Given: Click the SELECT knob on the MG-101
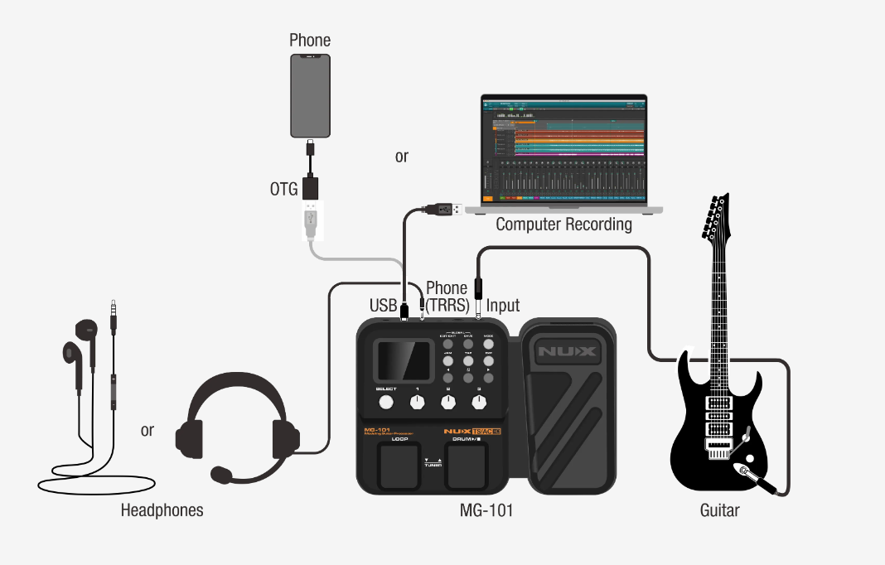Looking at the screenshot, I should pyautogui.click(x=385, y=403).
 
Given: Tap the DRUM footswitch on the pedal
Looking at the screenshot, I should pyautogui.click(x=468, y=466).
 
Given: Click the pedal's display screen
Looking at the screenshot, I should pyautogui.click(x=404, y=361).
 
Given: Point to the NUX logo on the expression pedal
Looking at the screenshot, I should pyautogui.click(x=567, y=351).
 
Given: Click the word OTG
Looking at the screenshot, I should pyautogui.click(x=283, y=189).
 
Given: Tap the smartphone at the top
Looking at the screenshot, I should pyautogui.click(x=311, y=95).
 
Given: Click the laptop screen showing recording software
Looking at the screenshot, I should pyautogui.click(x=564, y=150).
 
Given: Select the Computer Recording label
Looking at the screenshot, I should pyautogui.click(x=563, y=225).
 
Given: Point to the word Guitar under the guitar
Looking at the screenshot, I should pyautogui.click(x=719, y=510).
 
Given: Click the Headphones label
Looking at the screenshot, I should pyautogui.click(x=162, y=510).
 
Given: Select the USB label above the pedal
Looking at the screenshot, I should pyautogui.click(x=384, y=306).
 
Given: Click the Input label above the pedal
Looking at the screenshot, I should pyautogui.click(x=503, y=306).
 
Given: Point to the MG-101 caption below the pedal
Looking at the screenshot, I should pyautogui.click(x=486, y=510).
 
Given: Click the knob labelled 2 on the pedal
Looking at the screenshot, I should pyautogui.click(x=448, y=403).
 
